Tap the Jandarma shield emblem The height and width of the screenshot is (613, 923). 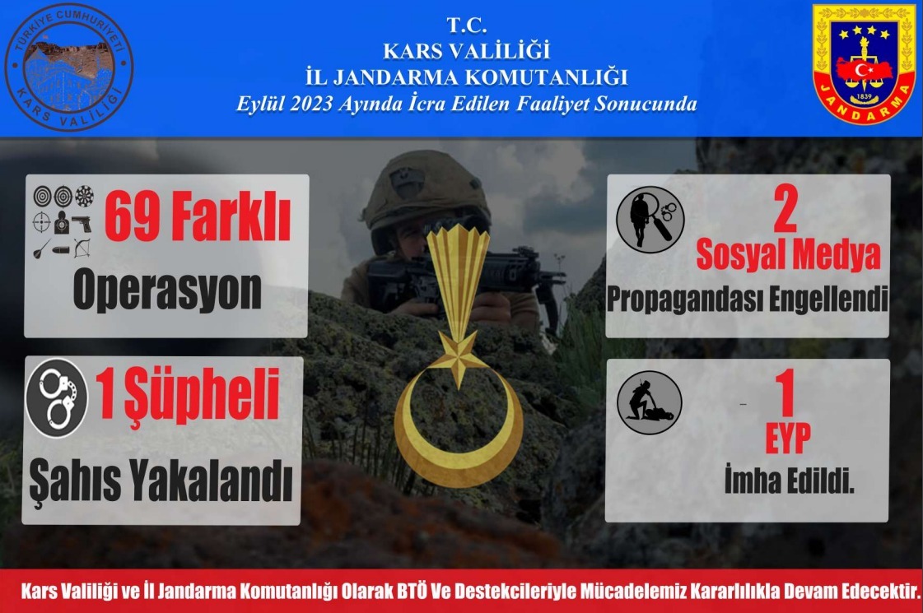864,65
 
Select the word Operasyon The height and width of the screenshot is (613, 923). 167,290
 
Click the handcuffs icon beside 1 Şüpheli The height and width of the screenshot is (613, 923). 56,397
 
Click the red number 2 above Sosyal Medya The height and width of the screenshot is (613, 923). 785,213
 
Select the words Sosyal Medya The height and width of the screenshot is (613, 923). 788,256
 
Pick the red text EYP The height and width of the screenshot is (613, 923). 787,439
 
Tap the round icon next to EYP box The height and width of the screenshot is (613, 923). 650,402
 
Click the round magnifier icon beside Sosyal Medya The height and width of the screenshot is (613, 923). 650,218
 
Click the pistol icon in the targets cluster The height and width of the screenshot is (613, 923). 82,222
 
